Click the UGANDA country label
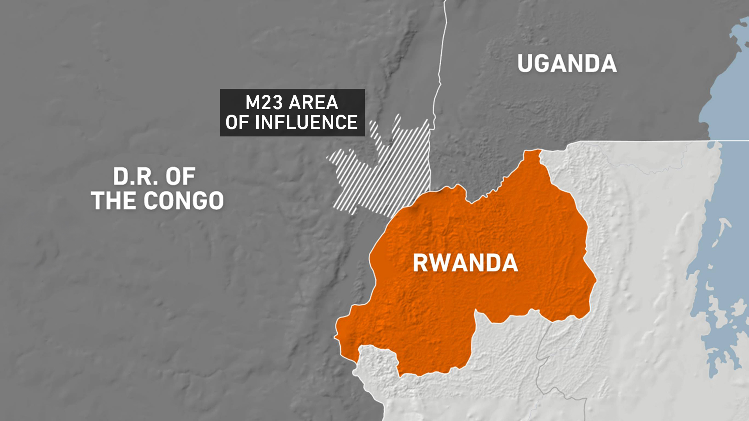click(567, 64)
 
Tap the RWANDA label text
click(465, 263)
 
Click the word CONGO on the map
click(184, 201)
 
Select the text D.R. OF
click(154, 177)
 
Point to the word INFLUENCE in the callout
click(306, 122)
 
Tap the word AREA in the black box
click(313, 103)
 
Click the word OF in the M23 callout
click(237, 122)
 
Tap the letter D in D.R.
click(120, 177)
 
